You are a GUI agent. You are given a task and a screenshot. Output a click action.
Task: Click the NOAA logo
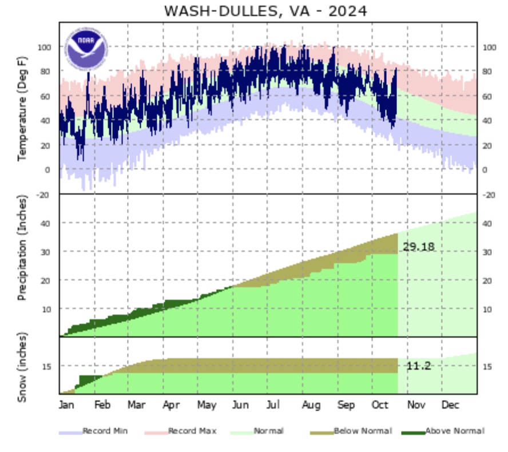(86, 47)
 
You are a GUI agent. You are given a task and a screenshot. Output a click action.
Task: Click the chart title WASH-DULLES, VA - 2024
(265, 11)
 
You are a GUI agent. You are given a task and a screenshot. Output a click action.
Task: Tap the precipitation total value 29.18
(418, 247)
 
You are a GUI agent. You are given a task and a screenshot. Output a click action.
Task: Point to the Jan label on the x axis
(67, 406)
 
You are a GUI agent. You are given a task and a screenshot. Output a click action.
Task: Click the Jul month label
(273, 406)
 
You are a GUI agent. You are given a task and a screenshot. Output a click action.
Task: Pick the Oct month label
(380, 406)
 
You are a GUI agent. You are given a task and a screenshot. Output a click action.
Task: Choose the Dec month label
(450, 406)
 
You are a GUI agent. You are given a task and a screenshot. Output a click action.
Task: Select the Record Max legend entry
(192, 431)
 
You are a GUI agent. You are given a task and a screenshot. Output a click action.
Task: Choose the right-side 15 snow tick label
(488, 367)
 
